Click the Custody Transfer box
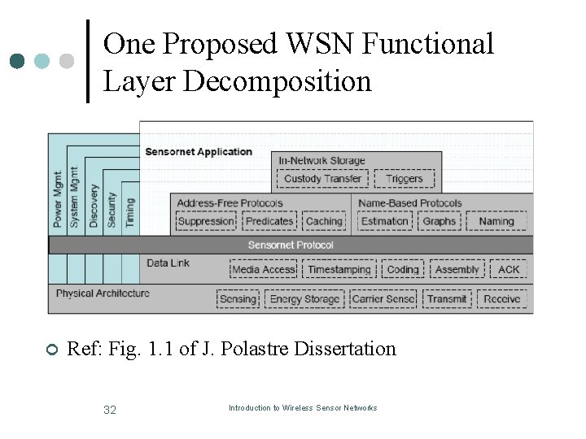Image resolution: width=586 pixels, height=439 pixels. tap(323, 179)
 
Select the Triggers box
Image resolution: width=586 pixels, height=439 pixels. tap(404, 179)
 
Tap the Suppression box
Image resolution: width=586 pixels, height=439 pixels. tap(206, 221)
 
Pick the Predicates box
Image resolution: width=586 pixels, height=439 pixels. tap(269, 221)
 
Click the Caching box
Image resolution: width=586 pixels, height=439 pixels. tap(324, 221)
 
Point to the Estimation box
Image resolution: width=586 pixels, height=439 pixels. tap(385, 221)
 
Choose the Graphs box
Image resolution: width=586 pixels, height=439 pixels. tap(439, 221)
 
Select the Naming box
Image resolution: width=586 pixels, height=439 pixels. tap(496, 221)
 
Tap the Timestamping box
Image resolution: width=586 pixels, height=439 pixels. tap(339, 270)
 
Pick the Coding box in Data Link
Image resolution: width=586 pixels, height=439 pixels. tap(403, 270)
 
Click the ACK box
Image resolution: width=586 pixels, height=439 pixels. tap(509, 270)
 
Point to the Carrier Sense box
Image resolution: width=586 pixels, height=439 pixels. tap(383, 299)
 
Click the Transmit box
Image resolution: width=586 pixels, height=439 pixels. tap(447, 299)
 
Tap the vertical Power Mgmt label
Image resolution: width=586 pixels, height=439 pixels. tap(58, 199)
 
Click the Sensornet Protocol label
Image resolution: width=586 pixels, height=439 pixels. tap(291, 245)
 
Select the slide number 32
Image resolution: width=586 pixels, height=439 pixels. tap(110, 410)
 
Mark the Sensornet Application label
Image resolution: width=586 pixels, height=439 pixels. tap(199, 152)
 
